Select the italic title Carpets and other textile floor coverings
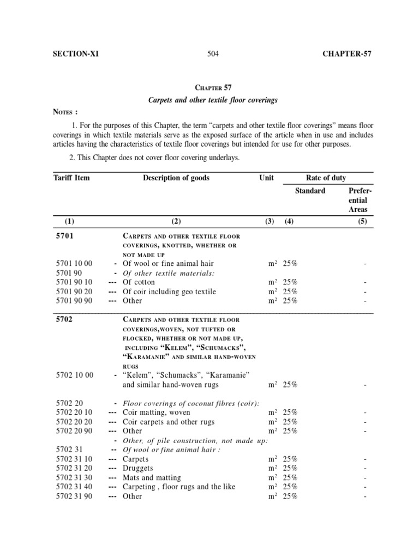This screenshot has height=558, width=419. click(x=213, y=100)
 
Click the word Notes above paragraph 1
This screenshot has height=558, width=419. click(x=65, y=112)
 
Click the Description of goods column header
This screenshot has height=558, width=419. click(x=176, y=178)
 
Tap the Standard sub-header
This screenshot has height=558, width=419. click(x=310, y=191)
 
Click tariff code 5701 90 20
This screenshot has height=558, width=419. click(x=74, y=292)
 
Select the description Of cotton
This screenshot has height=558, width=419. click(x=139, y=282)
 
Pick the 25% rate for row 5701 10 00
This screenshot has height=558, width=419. click(x=290, y=264)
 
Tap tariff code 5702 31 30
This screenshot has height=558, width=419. click(x=74, y=477)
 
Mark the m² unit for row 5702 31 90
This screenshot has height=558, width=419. click(x=273, y=496)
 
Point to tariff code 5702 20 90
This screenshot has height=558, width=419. click(x=74, y=431)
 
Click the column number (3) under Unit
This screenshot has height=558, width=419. click(x=267, y=221)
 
